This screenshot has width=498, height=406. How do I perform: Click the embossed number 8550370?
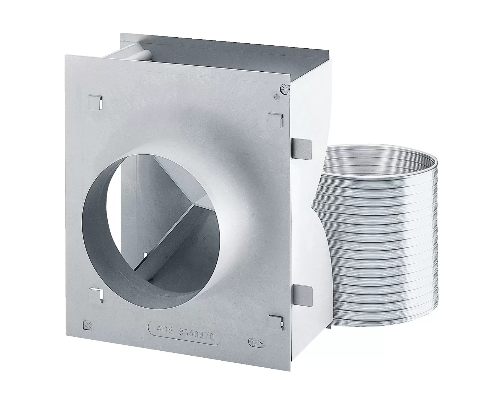point(196,334)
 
